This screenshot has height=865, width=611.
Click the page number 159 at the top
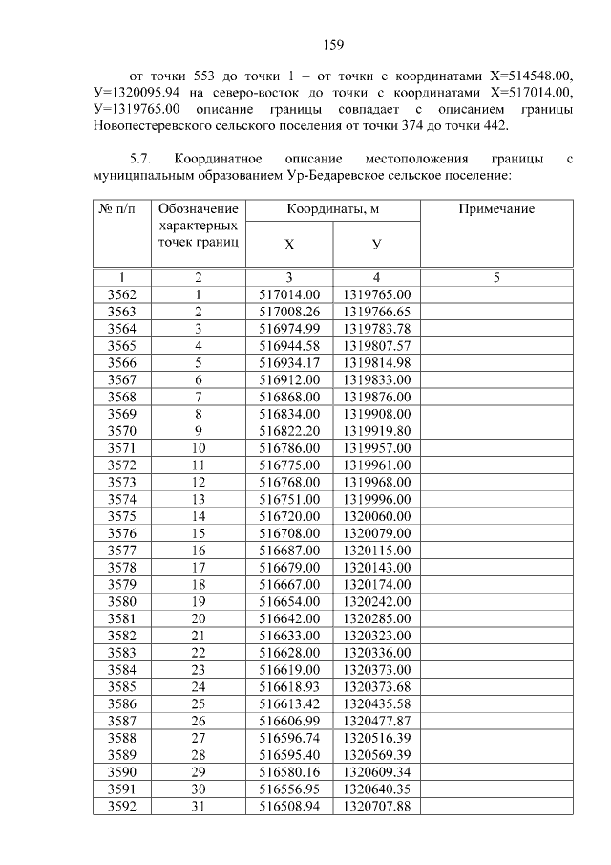pos(332,44)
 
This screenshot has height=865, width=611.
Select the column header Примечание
pos(496,209)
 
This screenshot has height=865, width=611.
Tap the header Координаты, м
pos(332,209)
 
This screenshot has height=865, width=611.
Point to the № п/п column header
pos(122,209)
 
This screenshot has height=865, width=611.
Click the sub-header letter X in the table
pos(289,245)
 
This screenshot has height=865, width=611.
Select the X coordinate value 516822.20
pos(289,430)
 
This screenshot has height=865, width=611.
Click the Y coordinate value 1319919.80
pos(376,430)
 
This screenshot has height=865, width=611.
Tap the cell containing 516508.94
pos(289,806)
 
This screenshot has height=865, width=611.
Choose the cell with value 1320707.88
pos(376,806)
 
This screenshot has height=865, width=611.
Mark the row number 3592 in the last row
pos(122,806)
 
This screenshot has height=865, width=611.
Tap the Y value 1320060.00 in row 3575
pos(376,516)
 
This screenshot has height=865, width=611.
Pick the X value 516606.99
pos(289,721)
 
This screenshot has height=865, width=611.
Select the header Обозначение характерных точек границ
pos(198,226)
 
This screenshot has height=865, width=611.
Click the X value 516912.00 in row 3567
pos(289,379)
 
